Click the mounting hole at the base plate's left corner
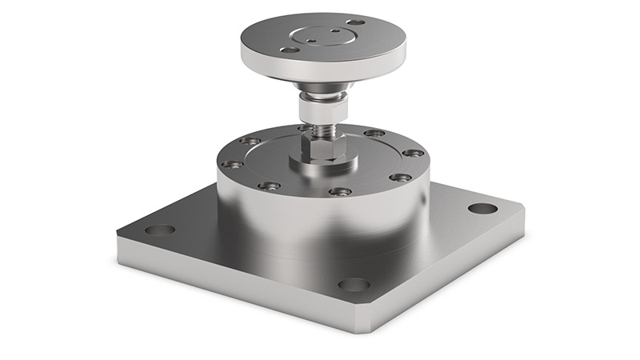[x=160, y=230]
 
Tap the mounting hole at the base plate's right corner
[x=482, y=208]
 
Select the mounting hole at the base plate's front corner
[x=354, y=285]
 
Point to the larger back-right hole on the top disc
[x=354, y=22]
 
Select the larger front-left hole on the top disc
[x=287, y=50]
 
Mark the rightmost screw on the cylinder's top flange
[x=413, y=153]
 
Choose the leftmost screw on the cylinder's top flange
[x=233, y=164]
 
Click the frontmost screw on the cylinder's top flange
[x=339, y=192]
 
